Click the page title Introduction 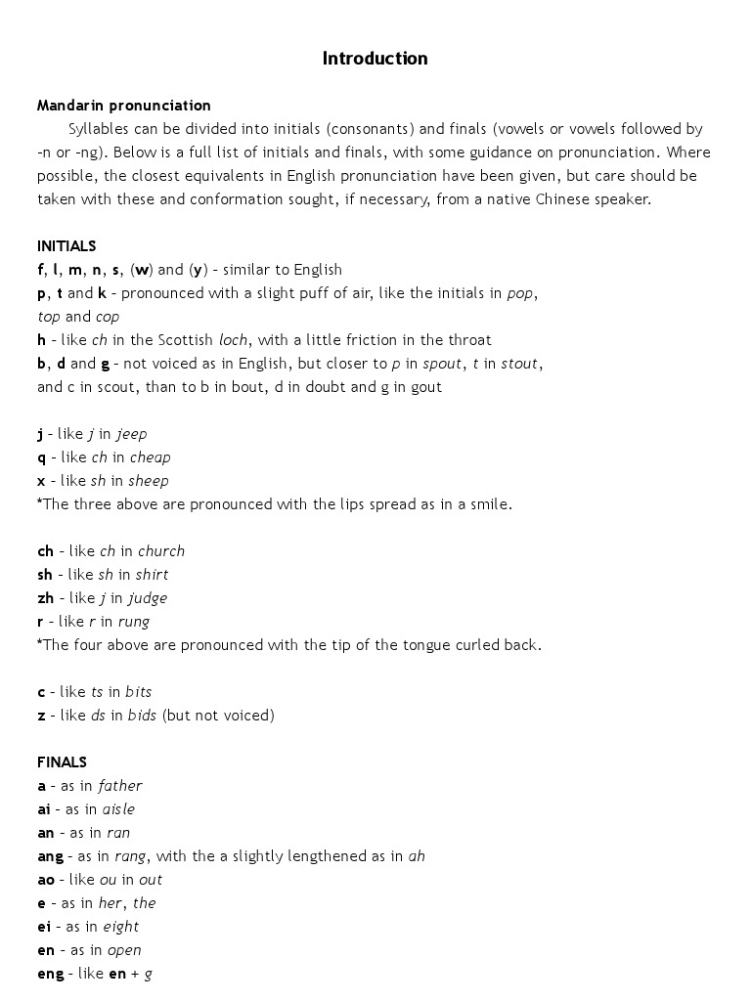(x=375, y=59)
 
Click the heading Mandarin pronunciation (x=123, y=106)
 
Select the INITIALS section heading (x=66, y=246)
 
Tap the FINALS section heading (x=62, y=762)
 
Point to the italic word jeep (x=132, y=434)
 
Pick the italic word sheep (x=149, y=481)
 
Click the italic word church (x=161, y=551)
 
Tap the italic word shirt (x=152, y=575)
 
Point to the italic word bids (x=142, y=716)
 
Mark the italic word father (x=120, y=786)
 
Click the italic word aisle (x=118, y=809)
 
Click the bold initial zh (x=46, y=598)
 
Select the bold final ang (x=50, y=856)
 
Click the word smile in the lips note (x=491, y=504)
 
